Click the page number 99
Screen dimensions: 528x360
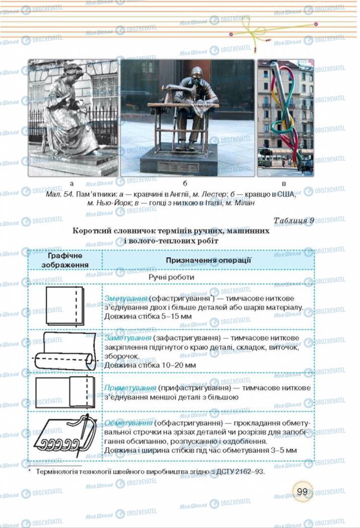point(302,491)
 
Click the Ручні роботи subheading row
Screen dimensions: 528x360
point(172,277)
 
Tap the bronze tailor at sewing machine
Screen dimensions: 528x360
point(187,118)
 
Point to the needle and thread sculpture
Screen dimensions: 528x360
point(285,118)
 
